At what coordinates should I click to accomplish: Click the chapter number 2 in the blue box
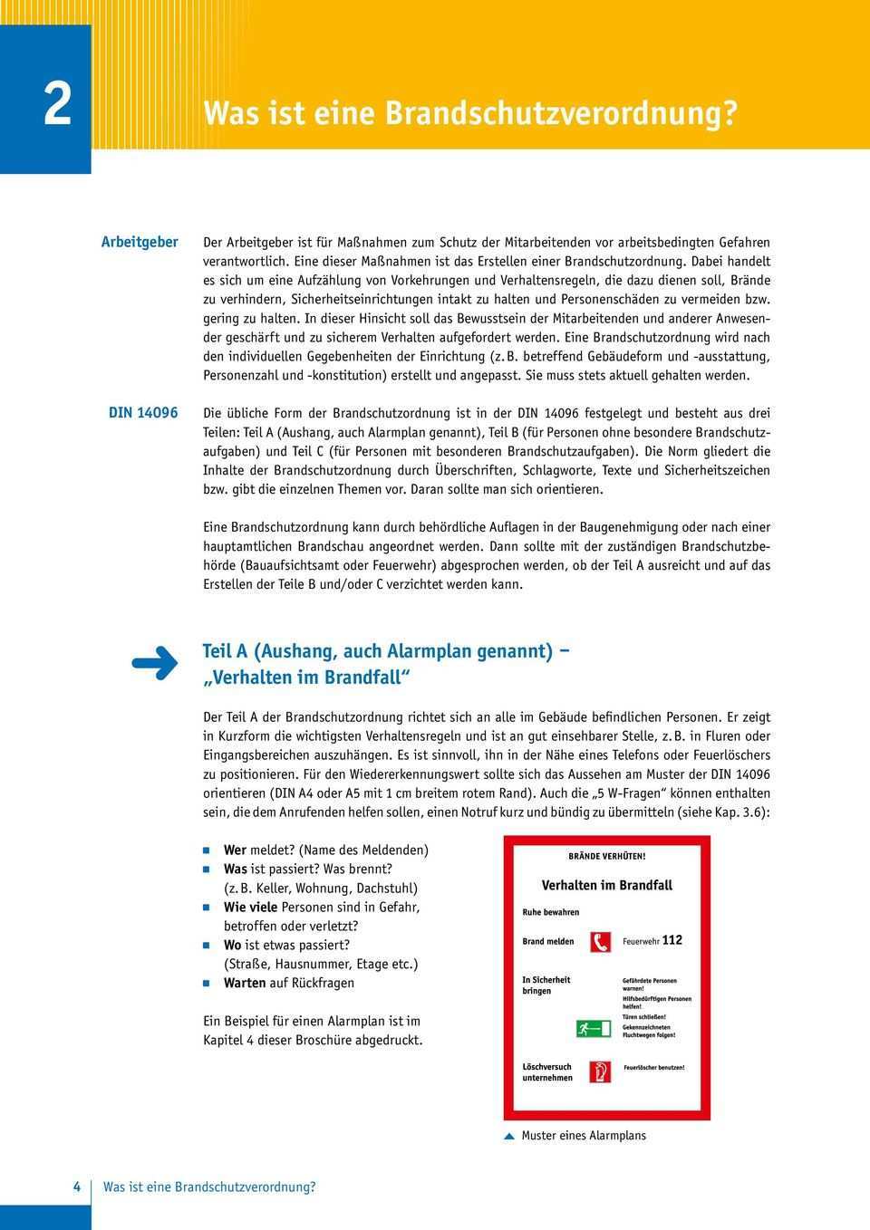click(57, 104)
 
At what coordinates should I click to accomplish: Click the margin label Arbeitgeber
click(140, 242)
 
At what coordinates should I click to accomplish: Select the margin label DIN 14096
click(143, 413)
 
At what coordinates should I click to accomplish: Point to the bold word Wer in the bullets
click(235, 850)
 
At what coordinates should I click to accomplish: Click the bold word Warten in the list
click(245, 983)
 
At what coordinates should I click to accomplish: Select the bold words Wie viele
click(251, 907)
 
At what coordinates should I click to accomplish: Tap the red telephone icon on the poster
click(598, 940)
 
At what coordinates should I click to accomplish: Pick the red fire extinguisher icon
click(598, 1072)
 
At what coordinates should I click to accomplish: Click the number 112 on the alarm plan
click(672, 940)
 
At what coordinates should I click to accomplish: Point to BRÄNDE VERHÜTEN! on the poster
click(606, 856)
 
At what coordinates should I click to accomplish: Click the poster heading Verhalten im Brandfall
click(606, 885)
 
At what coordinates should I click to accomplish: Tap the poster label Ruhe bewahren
click(550, 912)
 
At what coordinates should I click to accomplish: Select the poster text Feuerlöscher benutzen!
click(652, 1068)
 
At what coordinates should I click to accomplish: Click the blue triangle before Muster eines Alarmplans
click(509, 1136)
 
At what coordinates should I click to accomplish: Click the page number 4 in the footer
click(77, 1187)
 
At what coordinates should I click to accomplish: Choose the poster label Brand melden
click(547, 941)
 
